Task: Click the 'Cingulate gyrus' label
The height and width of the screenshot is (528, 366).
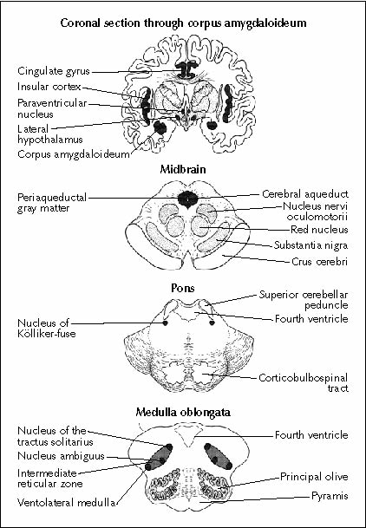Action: click(54, 71)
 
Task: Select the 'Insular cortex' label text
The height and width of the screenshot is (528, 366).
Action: click(49, 87)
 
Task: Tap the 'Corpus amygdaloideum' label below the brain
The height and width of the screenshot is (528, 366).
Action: click(74, 154)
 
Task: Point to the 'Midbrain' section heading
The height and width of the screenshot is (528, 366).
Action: click(183, 169)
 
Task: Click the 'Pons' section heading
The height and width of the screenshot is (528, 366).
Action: click(183, 288)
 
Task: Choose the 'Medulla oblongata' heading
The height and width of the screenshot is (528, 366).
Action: click(183, 413)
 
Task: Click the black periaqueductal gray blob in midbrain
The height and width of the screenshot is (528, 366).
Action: click(188, 199)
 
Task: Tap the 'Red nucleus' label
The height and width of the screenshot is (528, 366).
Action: click(319, 230)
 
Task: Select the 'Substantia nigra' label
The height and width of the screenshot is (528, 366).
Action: click(310, 245)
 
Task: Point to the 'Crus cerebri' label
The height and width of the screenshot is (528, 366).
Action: click(319, 262)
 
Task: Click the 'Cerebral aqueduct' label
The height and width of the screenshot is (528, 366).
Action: click(305, 194)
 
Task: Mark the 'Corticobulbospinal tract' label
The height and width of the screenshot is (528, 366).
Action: click(304, 383)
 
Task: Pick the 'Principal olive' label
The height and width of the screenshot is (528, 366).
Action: click(314, 477)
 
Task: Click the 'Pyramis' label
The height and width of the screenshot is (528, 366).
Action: click(330, 496)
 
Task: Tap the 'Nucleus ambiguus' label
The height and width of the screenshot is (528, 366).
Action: click(62, 456)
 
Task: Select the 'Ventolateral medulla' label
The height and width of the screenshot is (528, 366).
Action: click(66, 503)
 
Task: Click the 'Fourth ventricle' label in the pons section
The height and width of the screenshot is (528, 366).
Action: click(311, 319)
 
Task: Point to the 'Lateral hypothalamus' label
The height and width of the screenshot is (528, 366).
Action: click(50, 134)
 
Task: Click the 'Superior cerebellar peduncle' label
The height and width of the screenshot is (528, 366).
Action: click(304, 300)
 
